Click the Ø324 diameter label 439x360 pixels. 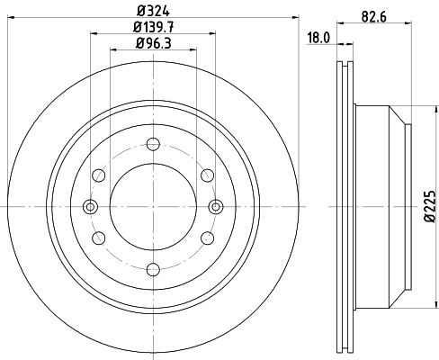pyautogui.click(x=153, y=11)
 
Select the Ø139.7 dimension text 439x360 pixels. pyautogui.click(x=153, y=28)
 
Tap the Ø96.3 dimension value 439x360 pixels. pyautogui.click(x=153, y=43)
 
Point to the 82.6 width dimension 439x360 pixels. pyautogui.click(x=373, y=16)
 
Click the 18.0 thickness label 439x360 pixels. pyautogui.click(x=318, y=38)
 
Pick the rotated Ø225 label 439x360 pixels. pyautogui.click(x=430, y=206)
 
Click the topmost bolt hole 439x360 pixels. pyautogui.click(x=153, y=144)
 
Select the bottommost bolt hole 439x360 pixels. pyautogui.click(x=153, y=269)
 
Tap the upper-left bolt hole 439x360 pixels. pyautogui.click(x=99, y=175)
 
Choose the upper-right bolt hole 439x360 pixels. pyautogui.click(x=208, y=175)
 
